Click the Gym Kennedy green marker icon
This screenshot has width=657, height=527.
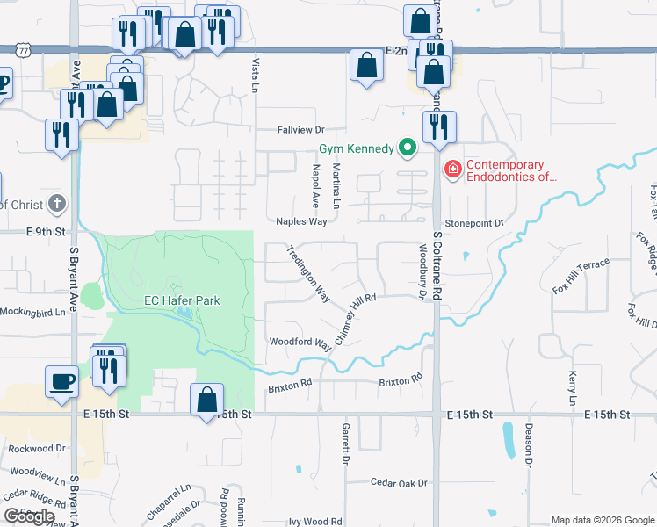pyautogui.click(x=407, y=148)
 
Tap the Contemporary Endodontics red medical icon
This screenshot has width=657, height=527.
pyautogui.click(x=452, y=169)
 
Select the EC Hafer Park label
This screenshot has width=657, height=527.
pyautogui.click(x=182, y=301)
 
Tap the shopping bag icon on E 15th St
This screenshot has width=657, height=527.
pyautogui.click(x=206, y=401)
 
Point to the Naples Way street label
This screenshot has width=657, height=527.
pyautogui.click(x=301, y=222)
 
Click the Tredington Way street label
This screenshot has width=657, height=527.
pyautogui.click(x=308, y=274)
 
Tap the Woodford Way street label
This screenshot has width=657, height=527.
pyautogui.click(x=300, y=343)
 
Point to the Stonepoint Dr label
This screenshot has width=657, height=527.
pyautogui.click(x=473, y=224)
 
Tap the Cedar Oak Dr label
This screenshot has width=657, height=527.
pyautogui.click(x=398, y=483)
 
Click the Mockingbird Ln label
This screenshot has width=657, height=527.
pyautogui.click(x=32, y=312)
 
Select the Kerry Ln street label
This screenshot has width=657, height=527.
pyautogui.click(x=572, y=387)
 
